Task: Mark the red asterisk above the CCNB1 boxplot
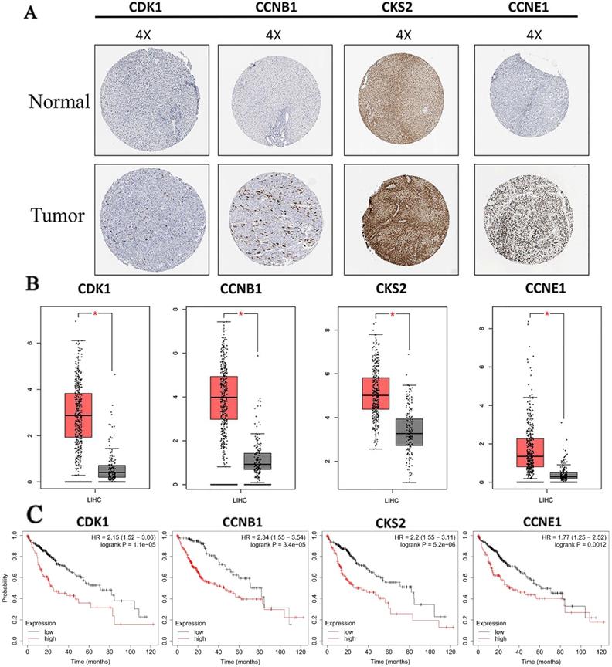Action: coord(241,313)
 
